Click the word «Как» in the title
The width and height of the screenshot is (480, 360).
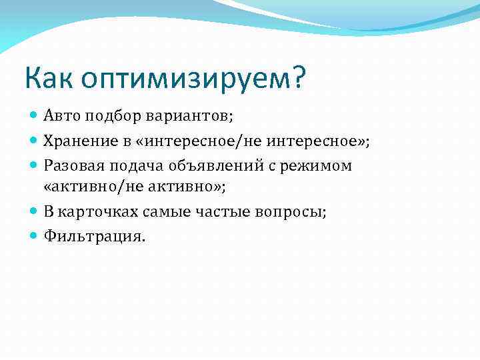click(49, 79)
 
